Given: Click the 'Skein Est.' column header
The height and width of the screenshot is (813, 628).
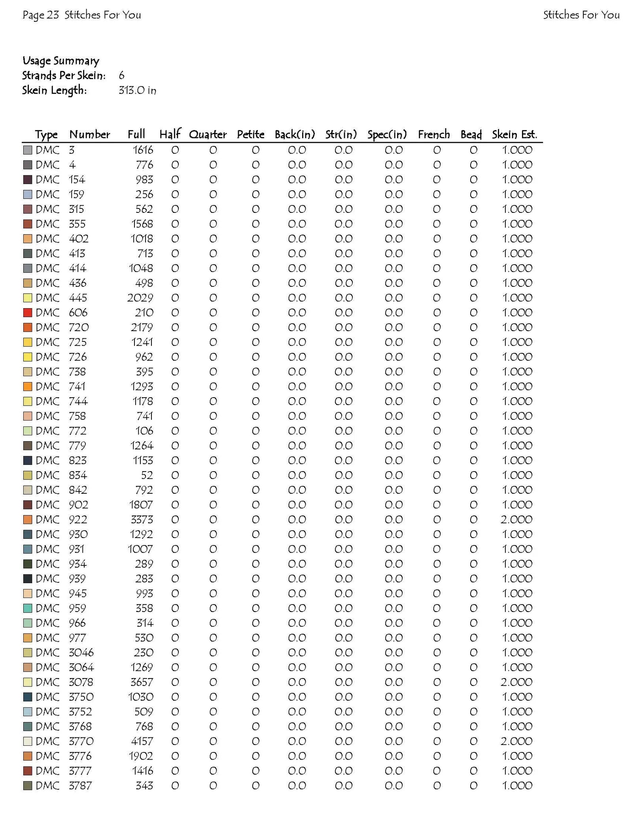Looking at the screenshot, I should click(514, 135).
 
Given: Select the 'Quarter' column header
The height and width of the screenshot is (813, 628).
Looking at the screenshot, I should click(208, 135).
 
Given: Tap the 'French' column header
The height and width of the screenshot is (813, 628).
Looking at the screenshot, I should click(434, 135).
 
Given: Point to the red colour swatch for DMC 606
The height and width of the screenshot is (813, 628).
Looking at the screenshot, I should click(27, 313).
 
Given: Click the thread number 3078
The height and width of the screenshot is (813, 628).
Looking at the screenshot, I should click(81, 682).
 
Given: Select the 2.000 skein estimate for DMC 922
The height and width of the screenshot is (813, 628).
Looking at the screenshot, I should click(516, 519).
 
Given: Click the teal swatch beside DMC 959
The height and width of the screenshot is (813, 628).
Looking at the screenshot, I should click(27, 608).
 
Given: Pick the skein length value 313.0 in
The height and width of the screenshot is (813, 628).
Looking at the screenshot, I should click(137, 91).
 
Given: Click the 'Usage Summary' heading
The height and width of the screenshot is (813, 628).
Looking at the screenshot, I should click(61, 61).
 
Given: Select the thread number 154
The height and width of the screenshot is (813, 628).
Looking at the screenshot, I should click(77, 180).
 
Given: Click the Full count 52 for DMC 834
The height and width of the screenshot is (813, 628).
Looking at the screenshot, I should click(147, 475).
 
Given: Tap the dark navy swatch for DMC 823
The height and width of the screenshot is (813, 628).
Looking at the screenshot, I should click(27, 461).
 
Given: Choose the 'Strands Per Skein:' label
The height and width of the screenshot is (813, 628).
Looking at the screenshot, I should click(64, 76).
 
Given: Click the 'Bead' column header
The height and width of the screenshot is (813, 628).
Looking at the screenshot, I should click(471, 135).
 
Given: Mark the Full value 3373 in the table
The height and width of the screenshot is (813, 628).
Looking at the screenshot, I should click(142, 519).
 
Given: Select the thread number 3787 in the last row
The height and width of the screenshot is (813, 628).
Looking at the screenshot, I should click(80, 785).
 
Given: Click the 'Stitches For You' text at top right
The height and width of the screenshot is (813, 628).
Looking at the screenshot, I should click(581, 15).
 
